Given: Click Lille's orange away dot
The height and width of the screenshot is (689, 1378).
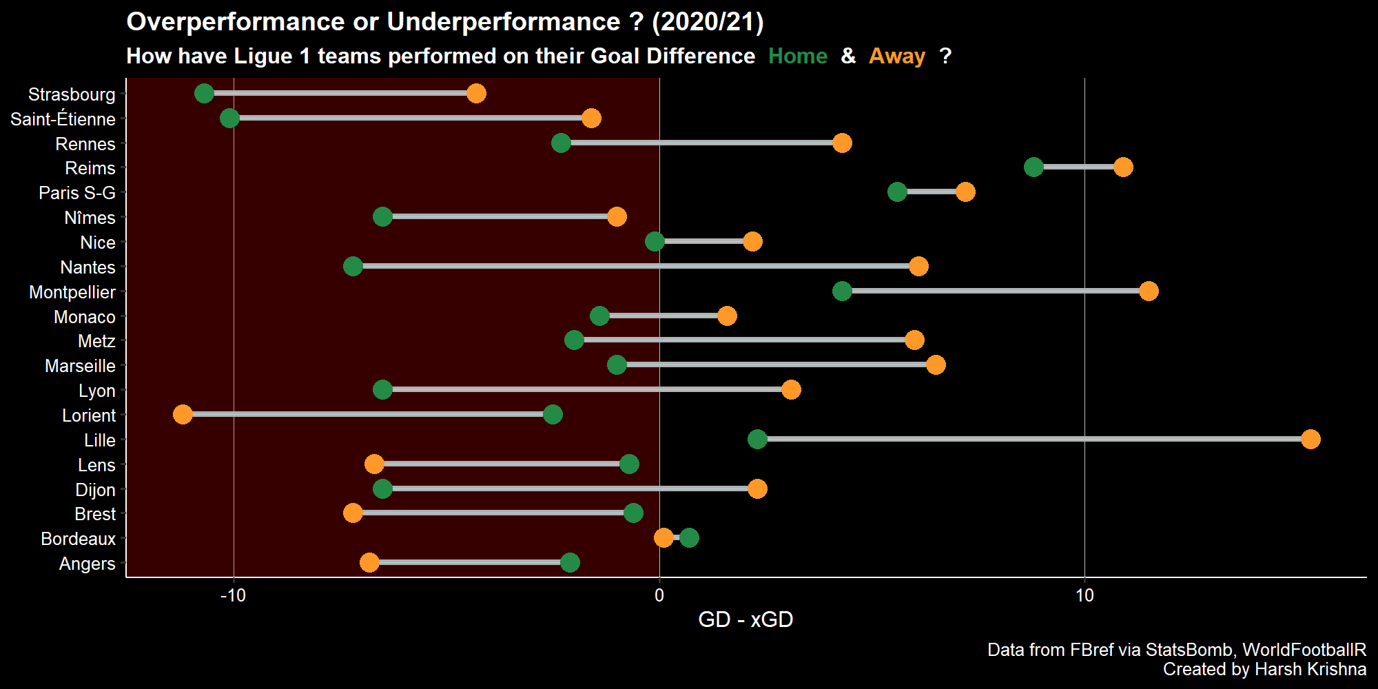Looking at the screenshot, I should point(1310,440).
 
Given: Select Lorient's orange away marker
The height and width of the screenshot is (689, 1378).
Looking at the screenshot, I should point(183,415).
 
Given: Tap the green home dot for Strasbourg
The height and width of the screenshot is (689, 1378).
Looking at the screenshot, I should point(204,94).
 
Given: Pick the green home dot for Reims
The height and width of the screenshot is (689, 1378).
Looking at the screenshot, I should point(1033,167).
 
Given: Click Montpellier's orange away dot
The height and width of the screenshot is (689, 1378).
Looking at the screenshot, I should point(1148,291).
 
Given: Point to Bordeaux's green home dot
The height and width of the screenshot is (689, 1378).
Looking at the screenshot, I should point(689,538).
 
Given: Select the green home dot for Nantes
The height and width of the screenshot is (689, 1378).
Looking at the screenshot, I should point(353,267).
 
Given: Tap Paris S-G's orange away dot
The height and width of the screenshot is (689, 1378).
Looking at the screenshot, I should point(965,192).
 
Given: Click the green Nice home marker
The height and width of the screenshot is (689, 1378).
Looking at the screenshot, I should point(655,242).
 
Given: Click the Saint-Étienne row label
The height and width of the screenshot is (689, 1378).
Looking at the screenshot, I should point(63,119).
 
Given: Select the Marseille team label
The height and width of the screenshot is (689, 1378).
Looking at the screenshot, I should point(80,366).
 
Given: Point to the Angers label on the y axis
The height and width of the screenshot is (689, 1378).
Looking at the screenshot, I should point(87,564).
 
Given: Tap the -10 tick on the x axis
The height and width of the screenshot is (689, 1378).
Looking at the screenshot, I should point(233,595).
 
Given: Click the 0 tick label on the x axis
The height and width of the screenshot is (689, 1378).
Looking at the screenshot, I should point(659,595).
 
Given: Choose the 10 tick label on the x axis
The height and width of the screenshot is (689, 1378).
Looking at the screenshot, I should point(1084,595).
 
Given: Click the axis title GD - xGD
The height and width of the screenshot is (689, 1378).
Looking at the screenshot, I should point(745,619).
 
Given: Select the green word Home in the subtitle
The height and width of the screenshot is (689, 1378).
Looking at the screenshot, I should point(797,56).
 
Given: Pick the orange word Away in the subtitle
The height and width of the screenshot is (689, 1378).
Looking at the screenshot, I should point(896,56).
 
